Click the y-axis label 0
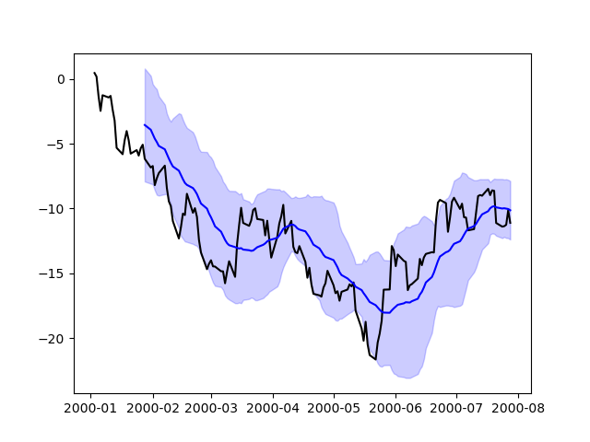click(60, 79)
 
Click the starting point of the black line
click(94, 73)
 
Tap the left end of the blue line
click(145, 125)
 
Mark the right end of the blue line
click(511, 210)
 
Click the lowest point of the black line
click(376, 358)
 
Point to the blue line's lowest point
click(388, 313)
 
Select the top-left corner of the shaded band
click(145, 68)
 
